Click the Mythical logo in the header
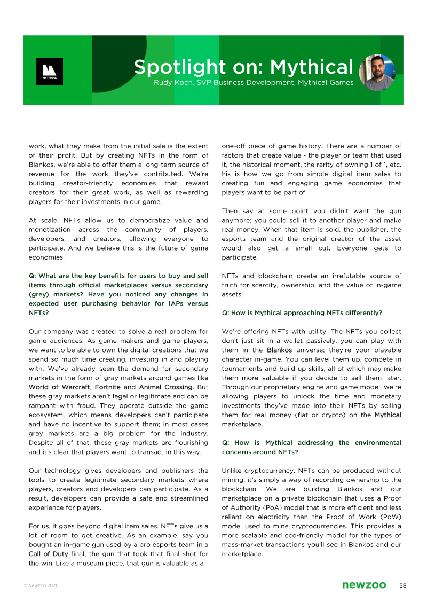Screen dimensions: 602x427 coord(49,71)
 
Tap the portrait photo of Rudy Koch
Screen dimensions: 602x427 coord(377,72)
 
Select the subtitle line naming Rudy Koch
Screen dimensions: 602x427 coord(253,83)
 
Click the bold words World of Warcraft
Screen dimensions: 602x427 coord(59,387)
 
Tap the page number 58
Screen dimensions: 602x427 coord(403,585)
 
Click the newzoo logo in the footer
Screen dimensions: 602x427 coord(364,585)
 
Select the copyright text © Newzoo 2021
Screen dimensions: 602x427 coord(40,586)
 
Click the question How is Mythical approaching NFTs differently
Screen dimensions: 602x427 coord(302,313)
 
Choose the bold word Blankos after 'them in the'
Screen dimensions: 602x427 coord(279,350)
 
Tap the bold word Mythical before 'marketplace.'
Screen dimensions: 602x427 coord(388,415)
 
